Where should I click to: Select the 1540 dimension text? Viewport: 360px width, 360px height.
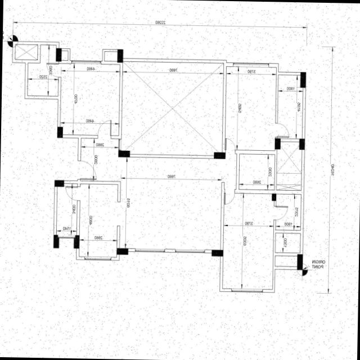66,228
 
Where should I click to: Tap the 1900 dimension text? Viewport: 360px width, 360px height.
288,224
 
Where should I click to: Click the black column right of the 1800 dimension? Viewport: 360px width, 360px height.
303,80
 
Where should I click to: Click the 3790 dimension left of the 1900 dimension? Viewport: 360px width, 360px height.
249,224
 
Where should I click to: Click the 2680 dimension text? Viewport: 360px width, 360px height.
256,182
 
